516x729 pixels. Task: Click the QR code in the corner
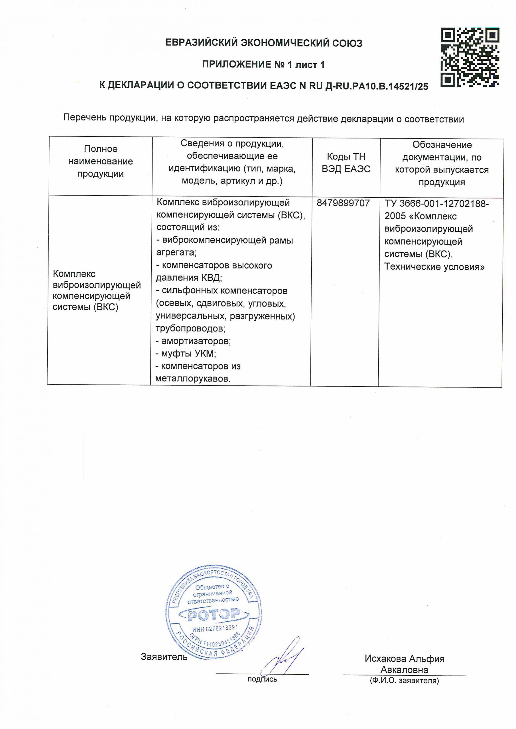(470, 57)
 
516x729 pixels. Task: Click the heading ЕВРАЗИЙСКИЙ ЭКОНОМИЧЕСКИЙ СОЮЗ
(264, 43)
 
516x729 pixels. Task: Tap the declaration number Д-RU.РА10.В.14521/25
(377, 86)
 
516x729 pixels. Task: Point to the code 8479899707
(343, 203)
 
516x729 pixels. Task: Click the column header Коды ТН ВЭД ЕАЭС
(346, 163)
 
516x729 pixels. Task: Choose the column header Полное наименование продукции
(100, 161)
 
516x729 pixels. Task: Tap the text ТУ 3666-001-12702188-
(436, 204)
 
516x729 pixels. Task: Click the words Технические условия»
(434, 267)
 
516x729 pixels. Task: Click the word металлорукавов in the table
(193, 379)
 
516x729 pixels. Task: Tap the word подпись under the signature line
(262, 679)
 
